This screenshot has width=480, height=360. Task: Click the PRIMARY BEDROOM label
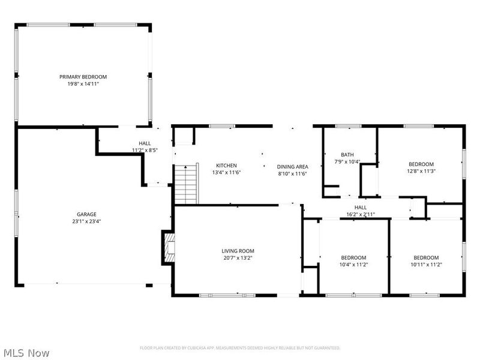[x=83, y=77]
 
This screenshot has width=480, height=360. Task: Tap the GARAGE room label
[x=86, y=214]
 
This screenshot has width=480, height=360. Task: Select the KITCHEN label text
[x=227, y=166]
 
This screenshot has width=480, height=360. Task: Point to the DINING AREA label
[x=292, y=167]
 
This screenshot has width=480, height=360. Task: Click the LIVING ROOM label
[x=238, y=251]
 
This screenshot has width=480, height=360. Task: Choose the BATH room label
[x=347, y=155]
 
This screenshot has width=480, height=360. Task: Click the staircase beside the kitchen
[x=186, y=184]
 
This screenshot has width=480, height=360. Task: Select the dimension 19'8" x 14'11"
[x=83, y=84]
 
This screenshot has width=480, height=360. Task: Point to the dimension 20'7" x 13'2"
[x=238, y=258]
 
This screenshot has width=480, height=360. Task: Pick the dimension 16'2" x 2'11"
[x=361, y=215]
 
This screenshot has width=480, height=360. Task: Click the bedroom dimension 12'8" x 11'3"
[x=421, y=171]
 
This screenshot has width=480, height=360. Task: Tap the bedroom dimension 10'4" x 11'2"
[x=353, y=265]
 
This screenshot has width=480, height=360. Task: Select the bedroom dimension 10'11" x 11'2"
[x=427, y=265]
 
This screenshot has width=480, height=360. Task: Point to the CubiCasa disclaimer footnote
[x=240, y=348]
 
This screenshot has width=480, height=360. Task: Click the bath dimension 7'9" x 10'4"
[x=347, y=161]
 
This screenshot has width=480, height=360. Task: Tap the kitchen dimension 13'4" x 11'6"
[x=227, y=172]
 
